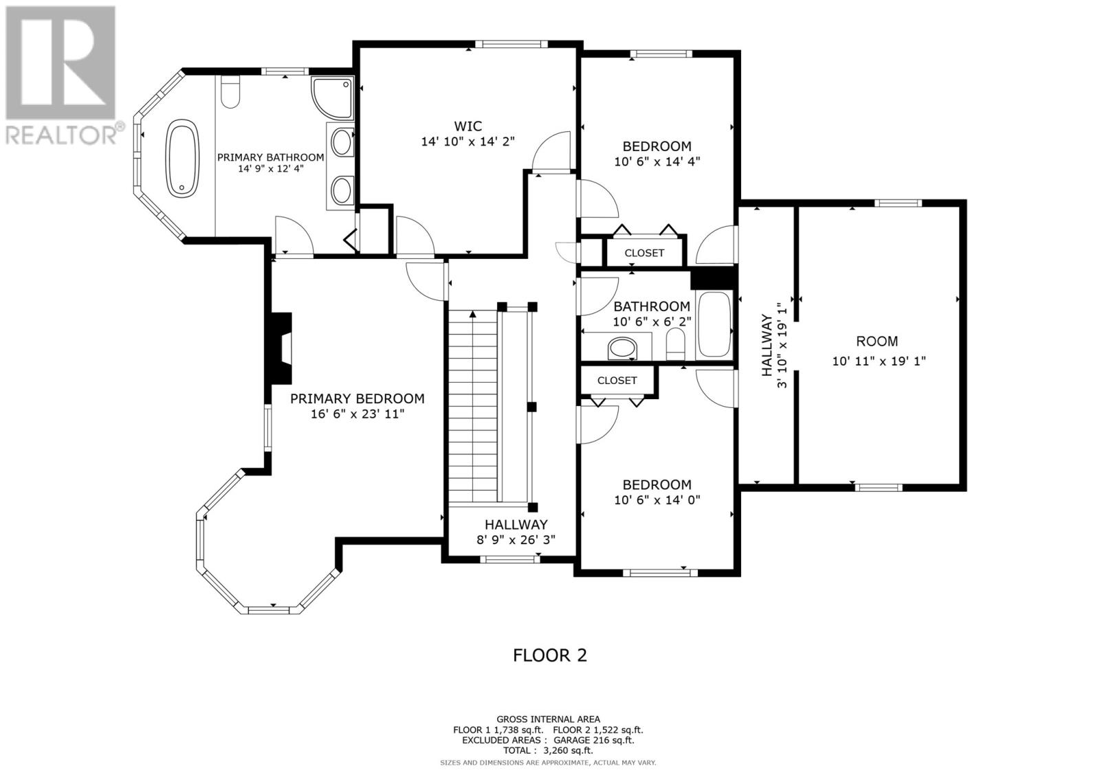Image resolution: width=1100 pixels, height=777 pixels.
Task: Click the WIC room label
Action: click(468, 126)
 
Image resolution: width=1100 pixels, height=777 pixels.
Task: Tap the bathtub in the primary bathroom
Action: click(183, 158)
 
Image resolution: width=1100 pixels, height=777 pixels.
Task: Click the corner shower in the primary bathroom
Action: click(332, 98)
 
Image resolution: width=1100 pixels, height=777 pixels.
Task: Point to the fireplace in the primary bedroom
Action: click(279, 348)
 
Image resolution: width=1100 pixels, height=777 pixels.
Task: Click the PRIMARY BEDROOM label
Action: click(357, 398)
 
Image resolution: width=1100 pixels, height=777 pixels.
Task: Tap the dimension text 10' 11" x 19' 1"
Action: click(879, 361)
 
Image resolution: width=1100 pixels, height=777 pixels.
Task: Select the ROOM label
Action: click(877, 341)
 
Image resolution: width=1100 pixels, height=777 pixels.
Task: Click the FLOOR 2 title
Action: click(550, 655)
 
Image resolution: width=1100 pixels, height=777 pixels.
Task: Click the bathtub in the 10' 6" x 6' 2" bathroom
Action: click(715, 324)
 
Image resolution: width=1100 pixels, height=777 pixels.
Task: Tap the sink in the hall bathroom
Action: click(622, 348)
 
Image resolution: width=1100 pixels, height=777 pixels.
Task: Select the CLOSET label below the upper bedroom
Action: click(644, 253)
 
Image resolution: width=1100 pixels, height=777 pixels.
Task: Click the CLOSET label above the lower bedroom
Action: click(617, 381)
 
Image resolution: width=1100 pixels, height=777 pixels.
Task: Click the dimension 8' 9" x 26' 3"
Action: click(516, 540)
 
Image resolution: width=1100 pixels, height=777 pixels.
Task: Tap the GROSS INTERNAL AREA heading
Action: click(548, 719)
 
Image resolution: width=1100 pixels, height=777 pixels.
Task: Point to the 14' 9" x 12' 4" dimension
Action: click(271, 168)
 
